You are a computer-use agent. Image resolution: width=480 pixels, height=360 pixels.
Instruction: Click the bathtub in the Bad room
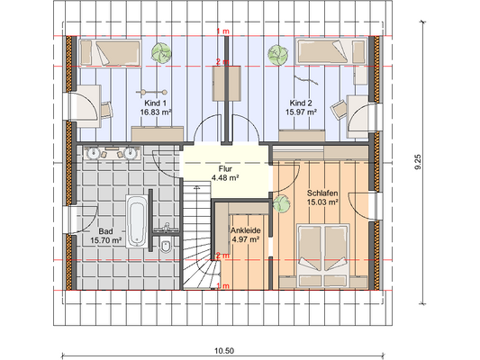point(136,221)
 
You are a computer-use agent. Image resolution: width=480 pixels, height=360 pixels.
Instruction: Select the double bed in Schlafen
point(323,255)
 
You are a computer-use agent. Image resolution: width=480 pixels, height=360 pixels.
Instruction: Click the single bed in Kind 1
point(111,52)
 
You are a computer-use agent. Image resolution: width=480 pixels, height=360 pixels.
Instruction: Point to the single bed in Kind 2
point(331,51)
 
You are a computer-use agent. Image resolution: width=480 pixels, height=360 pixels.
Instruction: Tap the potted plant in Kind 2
point(278,54)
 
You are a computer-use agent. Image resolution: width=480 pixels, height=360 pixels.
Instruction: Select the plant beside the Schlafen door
point(281,204)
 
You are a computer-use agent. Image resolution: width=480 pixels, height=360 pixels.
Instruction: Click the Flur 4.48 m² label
point(225,173)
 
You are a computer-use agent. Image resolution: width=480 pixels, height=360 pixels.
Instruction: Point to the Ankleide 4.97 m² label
point(246,235)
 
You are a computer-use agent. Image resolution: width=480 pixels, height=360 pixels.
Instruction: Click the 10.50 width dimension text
point(224,350)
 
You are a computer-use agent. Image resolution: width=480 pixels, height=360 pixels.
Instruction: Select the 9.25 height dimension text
point(418,162)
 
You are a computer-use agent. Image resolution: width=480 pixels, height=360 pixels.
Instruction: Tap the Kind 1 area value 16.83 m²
point(156,112)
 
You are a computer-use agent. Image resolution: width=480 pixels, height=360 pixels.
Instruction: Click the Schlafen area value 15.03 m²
point(322,202)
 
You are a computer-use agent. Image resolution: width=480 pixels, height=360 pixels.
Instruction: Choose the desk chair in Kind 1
point(106,110)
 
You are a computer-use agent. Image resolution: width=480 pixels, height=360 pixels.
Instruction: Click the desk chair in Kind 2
point(339,110)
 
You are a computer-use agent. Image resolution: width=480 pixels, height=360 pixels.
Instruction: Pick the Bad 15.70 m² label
point(105,236)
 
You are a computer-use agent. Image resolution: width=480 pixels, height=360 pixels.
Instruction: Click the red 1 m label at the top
point(222,31)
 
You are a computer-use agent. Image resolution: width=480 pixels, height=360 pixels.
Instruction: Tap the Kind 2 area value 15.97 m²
point(301,112)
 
